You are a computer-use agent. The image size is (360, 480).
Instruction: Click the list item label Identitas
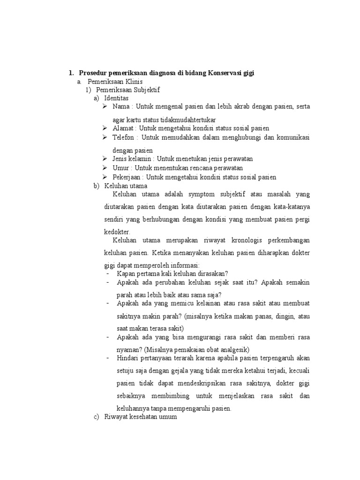(x=117, y=98)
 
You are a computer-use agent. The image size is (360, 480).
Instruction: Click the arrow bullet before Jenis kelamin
(x=105, y=159)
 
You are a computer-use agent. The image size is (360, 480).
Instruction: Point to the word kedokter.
(x=117, y=232)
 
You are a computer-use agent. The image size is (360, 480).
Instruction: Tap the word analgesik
(x=233, y=350)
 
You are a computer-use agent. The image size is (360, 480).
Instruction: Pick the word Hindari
(x=127, y=358)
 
